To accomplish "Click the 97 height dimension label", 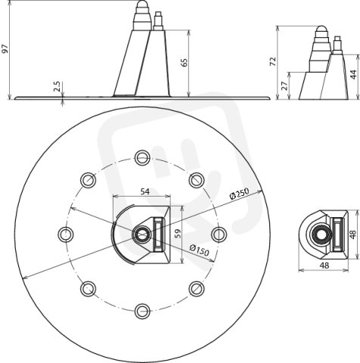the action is point(5,49).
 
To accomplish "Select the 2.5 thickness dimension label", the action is point(57,86).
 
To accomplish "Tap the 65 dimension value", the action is point(185,63).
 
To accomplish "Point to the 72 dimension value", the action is point(273,62).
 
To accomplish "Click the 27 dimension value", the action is point(284,86).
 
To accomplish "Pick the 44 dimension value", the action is point(354,75).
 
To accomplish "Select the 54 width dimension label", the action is point(144,191).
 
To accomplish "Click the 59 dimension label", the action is point(178,234).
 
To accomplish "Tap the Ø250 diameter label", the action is point(239,194).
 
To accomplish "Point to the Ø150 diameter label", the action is point(199,250).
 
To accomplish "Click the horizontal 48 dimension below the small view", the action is point(324,265).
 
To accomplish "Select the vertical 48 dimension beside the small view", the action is point(353,234).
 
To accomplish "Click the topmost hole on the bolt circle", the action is point(142,157).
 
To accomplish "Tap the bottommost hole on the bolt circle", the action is point(142,312).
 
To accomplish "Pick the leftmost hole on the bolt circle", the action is point(66,234).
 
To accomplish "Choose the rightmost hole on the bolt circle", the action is point(219,234).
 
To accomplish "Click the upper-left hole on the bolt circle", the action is point(88,180).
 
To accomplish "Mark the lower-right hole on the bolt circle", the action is point(197,289).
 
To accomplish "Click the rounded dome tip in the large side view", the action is point(142,4).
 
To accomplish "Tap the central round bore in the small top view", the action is point(321,235).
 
